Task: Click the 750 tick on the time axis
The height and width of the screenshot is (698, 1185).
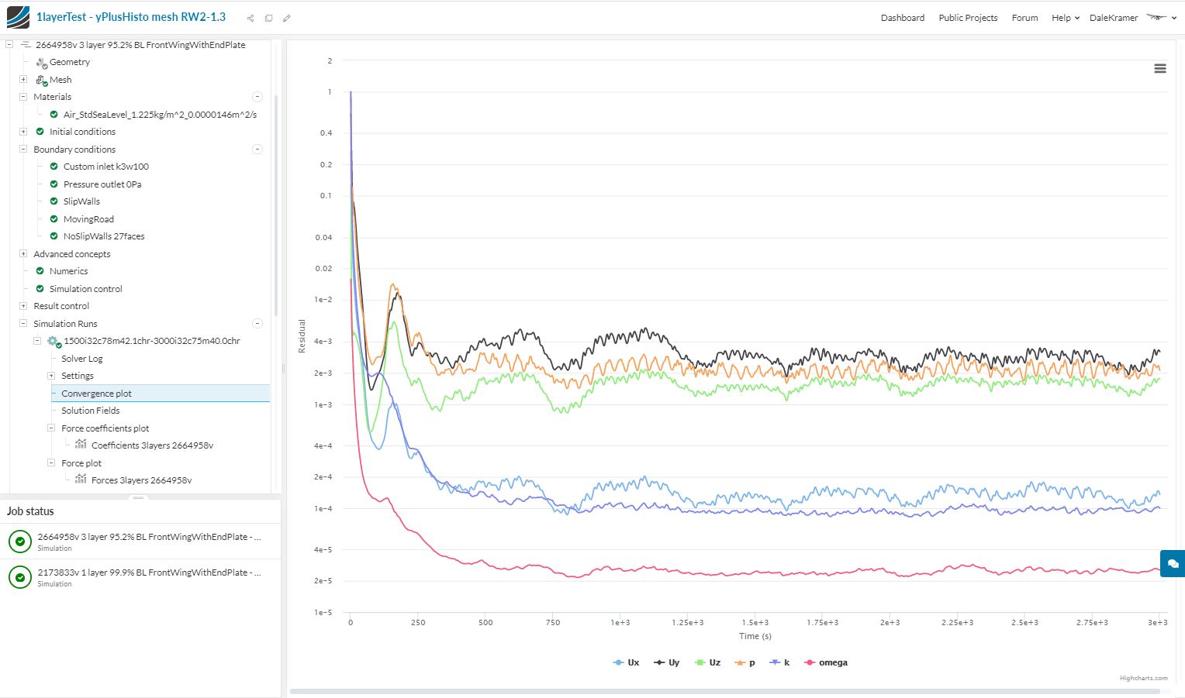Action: (x=553, y=622)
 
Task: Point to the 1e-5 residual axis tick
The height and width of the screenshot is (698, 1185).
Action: (x=323, y=613)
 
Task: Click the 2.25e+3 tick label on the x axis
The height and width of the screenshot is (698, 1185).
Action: (x=957, y=622)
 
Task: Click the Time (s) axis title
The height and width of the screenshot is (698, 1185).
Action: (x=755, y=636)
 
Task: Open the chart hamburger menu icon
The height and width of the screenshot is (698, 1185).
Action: (x=1159, y=69)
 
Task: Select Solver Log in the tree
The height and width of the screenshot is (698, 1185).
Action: (x=82, y=359)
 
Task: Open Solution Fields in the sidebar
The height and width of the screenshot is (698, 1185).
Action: (x=91, y=411)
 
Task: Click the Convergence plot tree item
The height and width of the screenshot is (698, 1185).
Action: (x=96, y=394)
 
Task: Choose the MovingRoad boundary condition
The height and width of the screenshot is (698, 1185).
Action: (x=88, y=219)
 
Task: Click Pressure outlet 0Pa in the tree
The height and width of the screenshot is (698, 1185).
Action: (x=102, y=184)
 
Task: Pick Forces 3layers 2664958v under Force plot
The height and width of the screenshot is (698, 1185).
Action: (x=141, y=480)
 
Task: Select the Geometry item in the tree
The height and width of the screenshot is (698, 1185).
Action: (x=70, y=62)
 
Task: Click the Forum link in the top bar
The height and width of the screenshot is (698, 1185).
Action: (x=1024, y=18)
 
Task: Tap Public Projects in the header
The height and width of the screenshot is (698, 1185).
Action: (x=968, y=18)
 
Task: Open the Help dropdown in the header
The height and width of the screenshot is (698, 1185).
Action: (x=1065, y=18)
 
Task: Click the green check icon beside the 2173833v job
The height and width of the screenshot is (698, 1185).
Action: (x=20, y=577)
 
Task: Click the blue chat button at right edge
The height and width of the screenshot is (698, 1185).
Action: (x=1173, y=563)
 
